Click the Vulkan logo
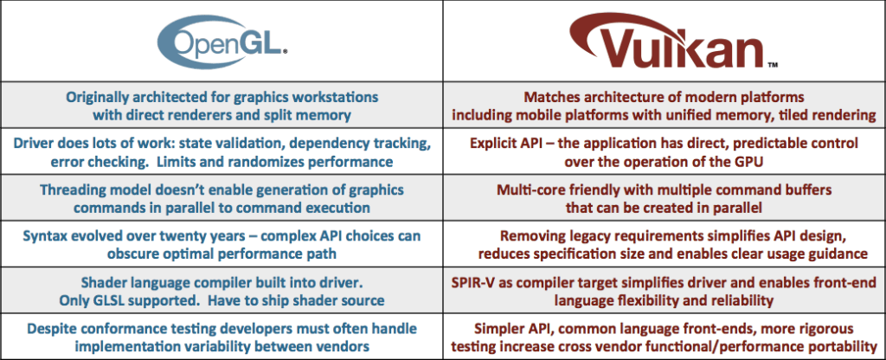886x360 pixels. point(665,42)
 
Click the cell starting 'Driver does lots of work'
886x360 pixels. point(221,151)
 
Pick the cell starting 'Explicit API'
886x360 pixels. point(664,151)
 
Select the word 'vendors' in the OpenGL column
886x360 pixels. point(346,345)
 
